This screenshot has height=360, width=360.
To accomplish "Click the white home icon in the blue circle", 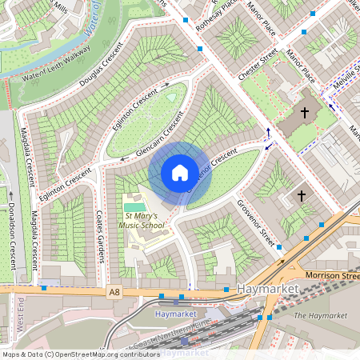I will click(180, 173).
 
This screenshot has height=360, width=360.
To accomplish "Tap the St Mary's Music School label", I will click(144, 221).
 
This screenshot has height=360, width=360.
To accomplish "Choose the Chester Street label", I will click(258, 64).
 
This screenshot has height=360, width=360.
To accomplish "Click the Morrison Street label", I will click(331, 275).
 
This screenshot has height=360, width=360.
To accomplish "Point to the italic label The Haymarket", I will click(321, 315).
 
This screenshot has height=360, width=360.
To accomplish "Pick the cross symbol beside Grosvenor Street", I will click(302, 194).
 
